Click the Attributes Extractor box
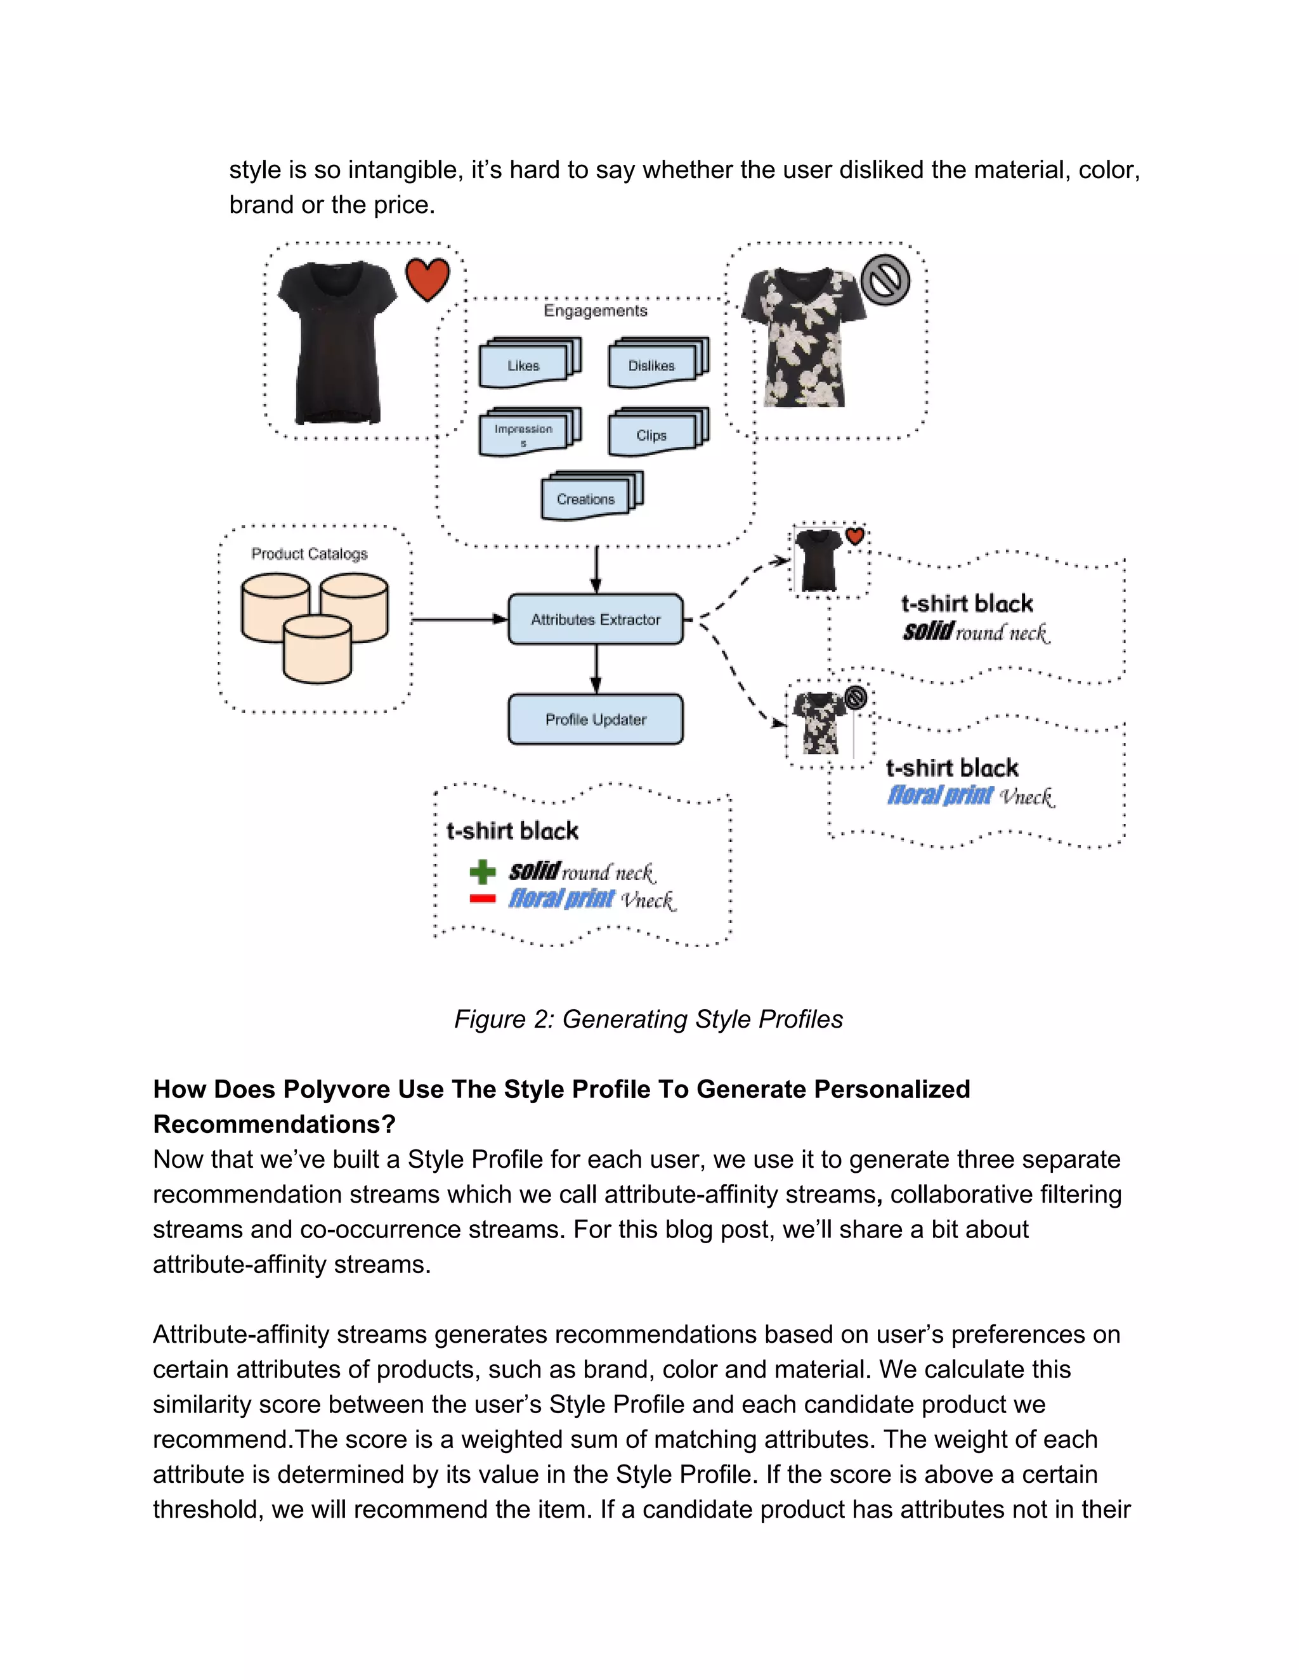[x=595, y=619]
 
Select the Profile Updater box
[x=595, y=720]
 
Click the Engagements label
[x=595, y=311]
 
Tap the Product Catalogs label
[x=310, y=554]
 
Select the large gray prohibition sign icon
[x=885, y=280]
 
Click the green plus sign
[x=483, y=872]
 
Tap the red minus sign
[x=483, y=898]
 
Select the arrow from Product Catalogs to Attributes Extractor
[x=459, y=619]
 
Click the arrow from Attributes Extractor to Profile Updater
[x=596, y=668]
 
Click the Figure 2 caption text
[x=648, y=1019]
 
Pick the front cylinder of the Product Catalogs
[x=317, y=652]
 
